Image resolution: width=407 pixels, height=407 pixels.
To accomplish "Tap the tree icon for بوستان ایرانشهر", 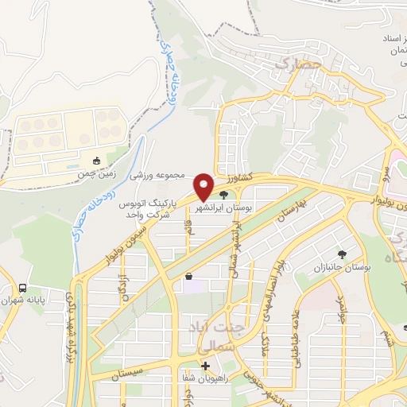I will click(x=223, y=193).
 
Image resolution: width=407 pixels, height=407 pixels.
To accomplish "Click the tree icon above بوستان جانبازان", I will click(x=342, y=254).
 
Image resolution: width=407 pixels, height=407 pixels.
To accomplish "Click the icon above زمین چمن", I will click(x=96, y=160).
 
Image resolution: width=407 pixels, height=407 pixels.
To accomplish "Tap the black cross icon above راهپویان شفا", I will click(x=206, y=366).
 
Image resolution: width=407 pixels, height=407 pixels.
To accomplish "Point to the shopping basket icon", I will click(x=188, y=277).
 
